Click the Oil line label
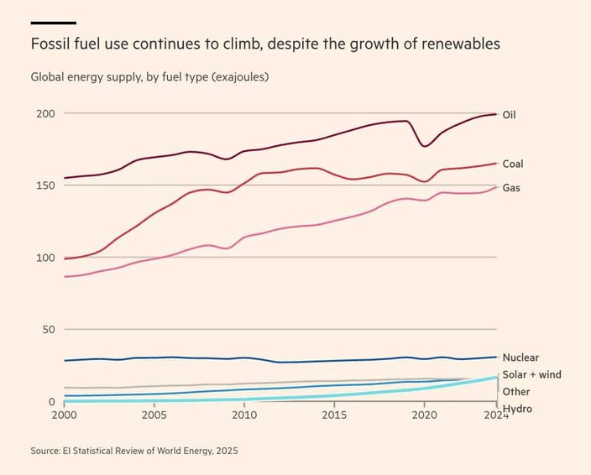(x=509, y=115)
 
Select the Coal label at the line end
(x=512, y=164)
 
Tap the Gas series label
(x=510, y=188)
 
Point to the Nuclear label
(x=520, y=358)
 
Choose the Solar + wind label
(x=531, y=374)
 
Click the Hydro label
(x=518, y=409)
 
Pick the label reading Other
(x=516, y=392)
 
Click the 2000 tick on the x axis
(x=64, y=415)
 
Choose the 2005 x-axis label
(x=154, y=415)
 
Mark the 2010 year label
(x=244, y=415)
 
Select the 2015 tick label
(x=334, y=415)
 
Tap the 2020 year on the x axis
(x=425, y=415)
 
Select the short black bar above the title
(x=53, y=23)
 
